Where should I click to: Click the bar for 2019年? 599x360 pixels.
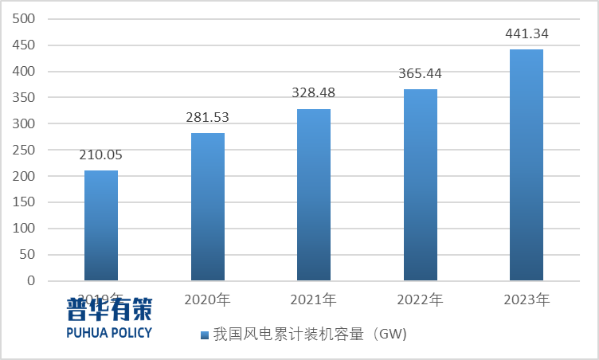(101, 225)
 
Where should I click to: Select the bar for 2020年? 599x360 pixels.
(208, 206)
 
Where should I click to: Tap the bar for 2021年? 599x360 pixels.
(314, 194)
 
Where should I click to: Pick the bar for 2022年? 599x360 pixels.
(420, 185)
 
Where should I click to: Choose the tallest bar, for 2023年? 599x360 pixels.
(527, 165)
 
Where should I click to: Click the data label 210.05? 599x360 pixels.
(101, 155)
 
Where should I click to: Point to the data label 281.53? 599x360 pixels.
(208, 117)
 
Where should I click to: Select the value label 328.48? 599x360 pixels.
(314, 93)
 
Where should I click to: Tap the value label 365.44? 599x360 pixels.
(420, 74)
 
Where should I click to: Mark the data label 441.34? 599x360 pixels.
(527, 34)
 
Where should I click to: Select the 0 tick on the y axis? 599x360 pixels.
(32, 280)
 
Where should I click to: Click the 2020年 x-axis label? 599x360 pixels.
(208, 300)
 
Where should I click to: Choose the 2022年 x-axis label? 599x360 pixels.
(420, 300)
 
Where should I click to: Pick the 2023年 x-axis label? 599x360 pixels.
(527, 300)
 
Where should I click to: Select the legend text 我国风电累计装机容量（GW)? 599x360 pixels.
(310, 335)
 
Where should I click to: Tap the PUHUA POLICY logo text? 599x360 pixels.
(109, 332)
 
